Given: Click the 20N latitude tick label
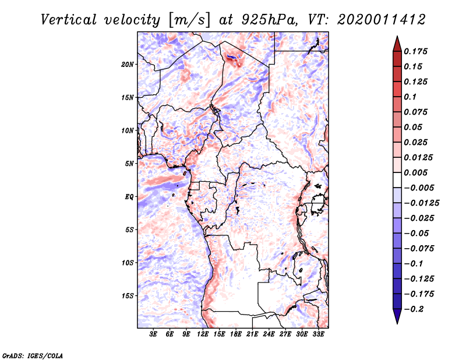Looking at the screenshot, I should pyautogui.click(x=128, y=64).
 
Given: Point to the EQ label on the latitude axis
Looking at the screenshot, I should pyautogui.click(x=129, y=197).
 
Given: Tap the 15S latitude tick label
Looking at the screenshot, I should pyautogui.click(x=128, y=296).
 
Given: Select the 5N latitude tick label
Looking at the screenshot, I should pyautogui.click(x=129, y=164).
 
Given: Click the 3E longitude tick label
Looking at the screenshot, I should pyautogui.click(x=154, y=334).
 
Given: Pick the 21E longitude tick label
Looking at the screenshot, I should pyautogui.click(x=253, y=334).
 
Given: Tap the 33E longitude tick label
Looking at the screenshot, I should pyautogui.click(x=319, y=334).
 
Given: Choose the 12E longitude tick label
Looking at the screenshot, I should pyautogui.click(x=203, y=334).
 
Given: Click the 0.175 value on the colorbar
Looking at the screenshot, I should pyautogui.click(x=416, y=51).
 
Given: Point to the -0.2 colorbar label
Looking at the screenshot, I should pyautogui.click(x=415, y=309).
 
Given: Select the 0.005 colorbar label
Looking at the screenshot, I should pyautogui.click(x=416, y=172).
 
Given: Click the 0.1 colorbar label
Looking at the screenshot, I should pyautogui.click(x=411, y=97).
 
